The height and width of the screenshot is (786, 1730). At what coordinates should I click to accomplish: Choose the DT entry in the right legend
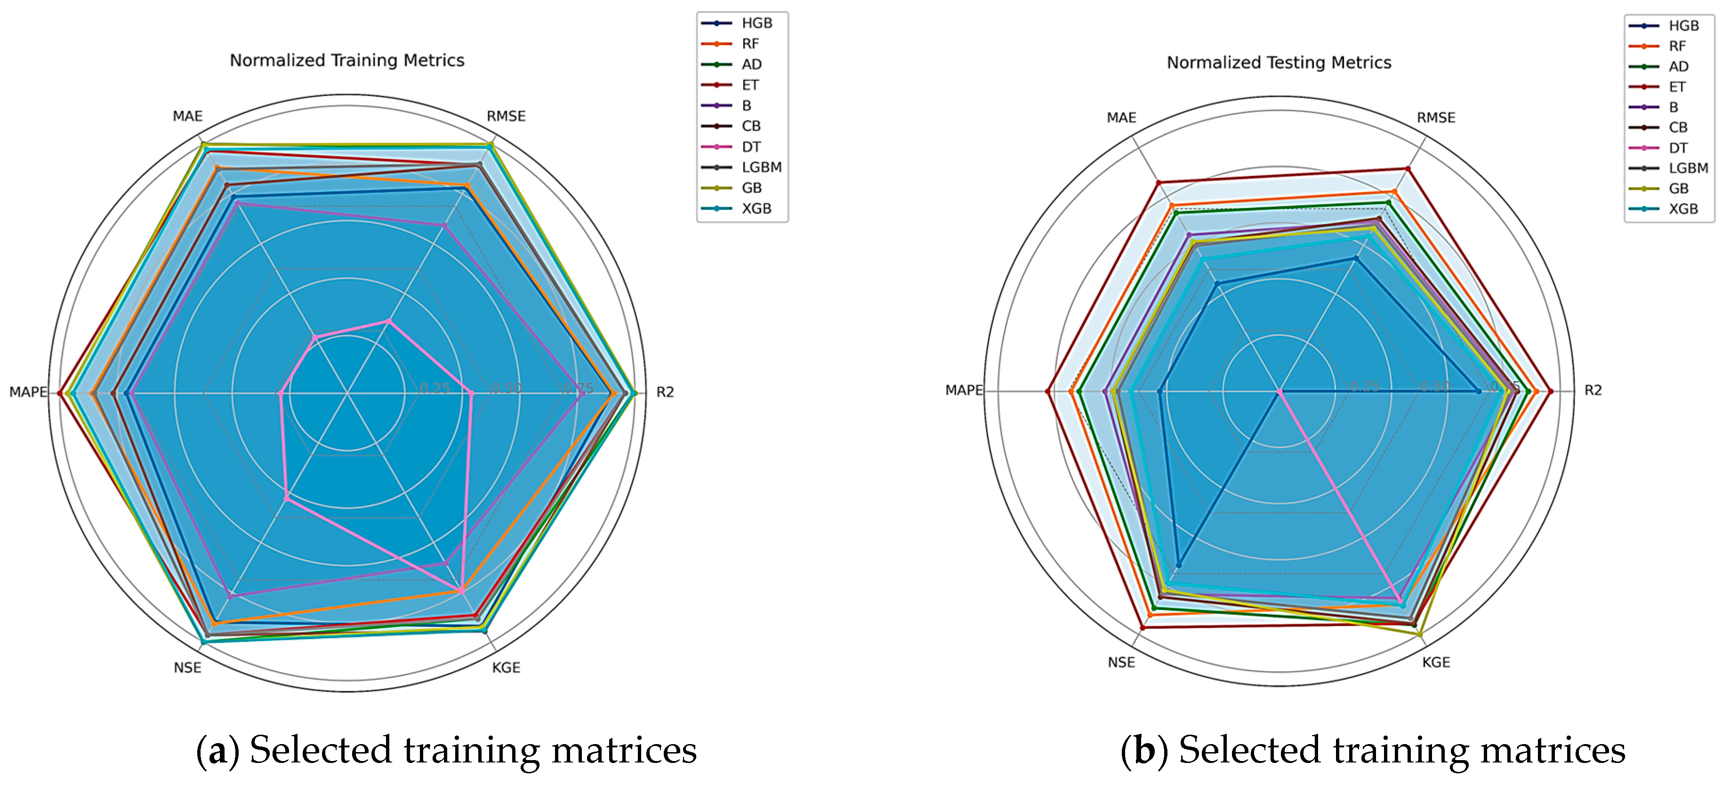coord(1678,148)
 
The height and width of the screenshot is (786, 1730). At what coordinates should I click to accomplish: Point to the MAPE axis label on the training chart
coord(27,392)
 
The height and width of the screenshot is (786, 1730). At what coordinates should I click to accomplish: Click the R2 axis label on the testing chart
coord(1593,391)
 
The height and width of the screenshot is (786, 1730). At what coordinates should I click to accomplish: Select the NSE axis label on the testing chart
coord(1121,663)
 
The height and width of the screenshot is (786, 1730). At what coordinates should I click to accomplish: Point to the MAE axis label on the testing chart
coord(1121,118)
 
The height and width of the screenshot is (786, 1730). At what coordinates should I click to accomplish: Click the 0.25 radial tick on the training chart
coord(435,388)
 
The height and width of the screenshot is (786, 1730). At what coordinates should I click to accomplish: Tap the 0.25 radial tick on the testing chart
coord(1365,386)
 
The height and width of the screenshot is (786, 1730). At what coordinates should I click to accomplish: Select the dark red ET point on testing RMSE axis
coord(1408,169)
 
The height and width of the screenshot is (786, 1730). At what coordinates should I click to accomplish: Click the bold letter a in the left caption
coord(217,750)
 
